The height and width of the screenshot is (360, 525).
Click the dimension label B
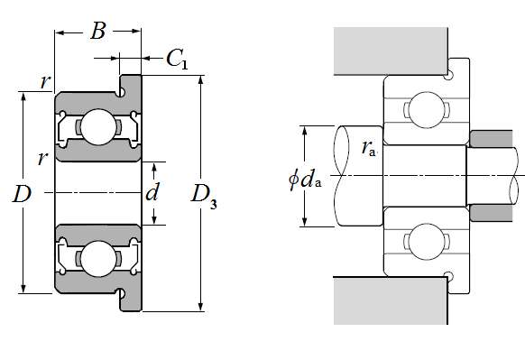click(x=98, y=31)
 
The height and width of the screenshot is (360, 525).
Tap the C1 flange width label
click(x=177, y=59)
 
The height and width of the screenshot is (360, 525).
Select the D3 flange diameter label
click(x=204, y=198)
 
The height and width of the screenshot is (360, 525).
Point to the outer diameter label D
click(x=22, y=194)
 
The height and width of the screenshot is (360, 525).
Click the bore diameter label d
click(x=152, y=192)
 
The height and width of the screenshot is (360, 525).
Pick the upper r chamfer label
click(x=45, y=81)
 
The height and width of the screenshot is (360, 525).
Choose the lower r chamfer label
click(x=42, y=159)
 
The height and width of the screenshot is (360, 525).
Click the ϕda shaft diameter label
click(x=305, y=180)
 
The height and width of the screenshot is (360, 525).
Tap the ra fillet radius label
click(x=369, y=148)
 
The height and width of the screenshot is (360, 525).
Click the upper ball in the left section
click(x=97, y=127)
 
